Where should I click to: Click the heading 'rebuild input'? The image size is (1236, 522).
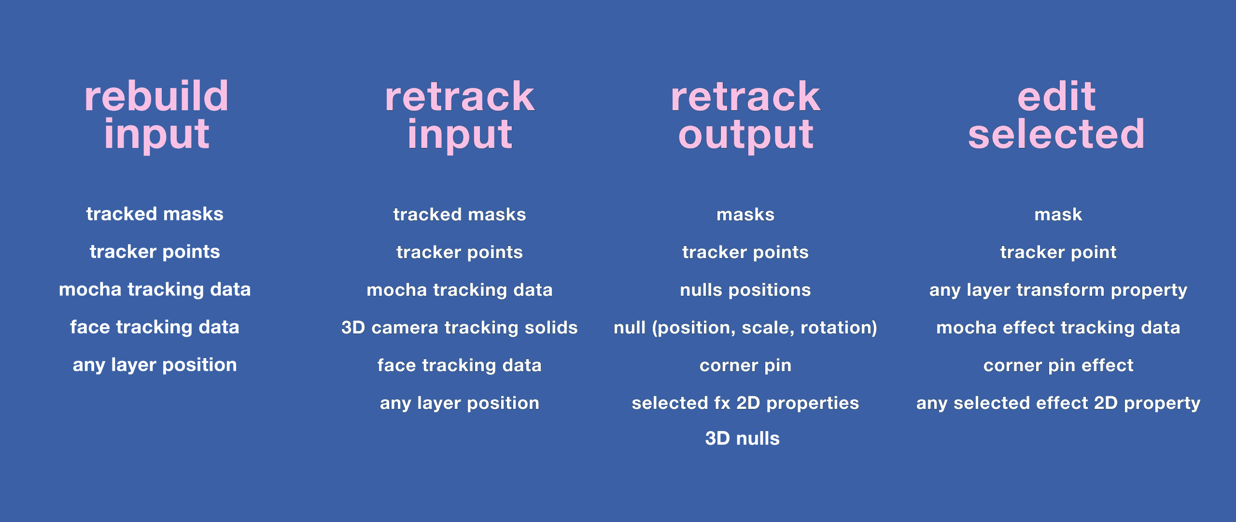click(156, 116)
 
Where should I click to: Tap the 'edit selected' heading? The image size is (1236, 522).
click(1056, 116)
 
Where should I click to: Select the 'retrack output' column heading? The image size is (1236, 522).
click(745, 116)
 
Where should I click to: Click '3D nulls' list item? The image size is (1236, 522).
click(743, 438)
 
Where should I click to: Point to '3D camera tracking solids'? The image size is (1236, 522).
click(460, 328)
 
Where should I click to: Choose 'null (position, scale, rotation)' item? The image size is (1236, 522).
click(745, 328)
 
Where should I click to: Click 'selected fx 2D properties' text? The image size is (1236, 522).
click(745, 403)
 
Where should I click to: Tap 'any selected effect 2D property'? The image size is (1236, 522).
click(1058, 403)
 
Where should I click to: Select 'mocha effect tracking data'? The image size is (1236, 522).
click(1058, 328)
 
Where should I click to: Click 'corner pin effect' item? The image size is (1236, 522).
click(1058, 365)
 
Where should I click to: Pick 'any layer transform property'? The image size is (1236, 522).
click(1058, 290)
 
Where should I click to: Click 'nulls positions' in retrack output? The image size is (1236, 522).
click(745, 290)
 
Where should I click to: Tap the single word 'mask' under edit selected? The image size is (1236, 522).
click(1058, 215)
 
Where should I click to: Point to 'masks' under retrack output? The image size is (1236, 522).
click(745, 215)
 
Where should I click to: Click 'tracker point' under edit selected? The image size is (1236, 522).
click(1058, 252)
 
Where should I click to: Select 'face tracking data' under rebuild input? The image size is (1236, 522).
click(155, 327)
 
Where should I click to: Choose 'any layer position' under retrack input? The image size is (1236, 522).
click(460, 403)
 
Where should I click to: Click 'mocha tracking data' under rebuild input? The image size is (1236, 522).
click(155, 290)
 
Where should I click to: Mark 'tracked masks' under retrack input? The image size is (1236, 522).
click(460, 215)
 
